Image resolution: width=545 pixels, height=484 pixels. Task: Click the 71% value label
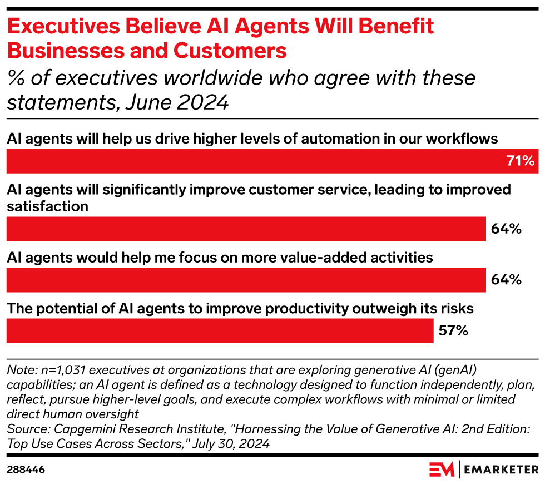click(x=520, y=161)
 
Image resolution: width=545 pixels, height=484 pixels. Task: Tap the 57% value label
click(x=453, y=331)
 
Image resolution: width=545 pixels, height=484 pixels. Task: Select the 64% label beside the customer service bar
click(x=506, y=229)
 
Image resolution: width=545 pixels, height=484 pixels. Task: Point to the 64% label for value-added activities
click(x=506, y=280)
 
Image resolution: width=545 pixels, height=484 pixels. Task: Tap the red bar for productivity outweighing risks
click(x=220, y=331)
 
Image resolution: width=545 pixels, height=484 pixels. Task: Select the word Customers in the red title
click(x=233, y=51)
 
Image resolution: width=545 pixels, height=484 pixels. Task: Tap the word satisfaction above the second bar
click(x=48, y=206)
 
